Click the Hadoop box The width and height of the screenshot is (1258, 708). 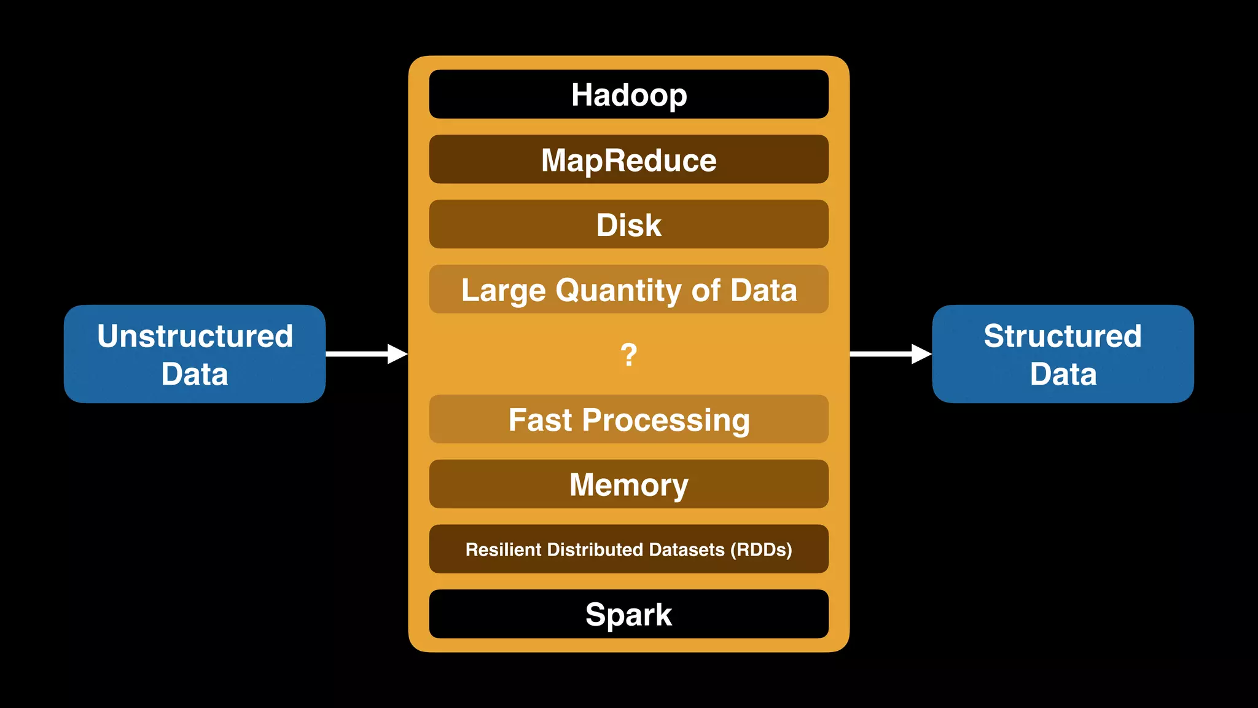click(x=628, y=94)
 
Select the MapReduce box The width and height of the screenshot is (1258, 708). click(x=628, y=159)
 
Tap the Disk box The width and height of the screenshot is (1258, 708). click(x=628, y=224)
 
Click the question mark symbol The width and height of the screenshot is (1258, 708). click(x=628, y=355)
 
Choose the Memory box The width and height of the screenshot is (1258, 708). click(x=628, y=484)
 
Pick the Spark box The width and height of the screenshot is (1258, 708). click(x=628, y=614)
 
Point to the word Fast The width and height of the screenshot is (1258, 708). click(x=540, y=420)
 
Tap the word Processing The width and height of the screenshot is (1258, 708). click(x=666, y=420)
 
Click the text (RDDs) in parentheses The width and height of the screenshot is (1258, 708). click(x=761, y=549)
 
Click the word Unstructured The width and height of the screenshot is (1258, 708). click(x=195, y=336)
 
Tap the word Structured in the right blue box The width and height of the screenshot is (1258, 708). click(x=1063, y=336)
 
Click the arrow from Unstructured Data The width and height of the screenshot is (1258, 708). click(x=367, y=354)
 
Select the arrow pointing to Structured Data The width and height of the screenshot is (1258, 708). click(x=891, y=354)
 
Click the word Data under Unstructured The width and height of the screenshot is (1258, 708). click(x=195, y=374)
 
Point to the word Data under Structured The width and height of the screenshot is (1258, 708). click(x=1063, y=374)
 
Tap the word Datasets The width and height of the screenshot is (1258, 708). click(x=686, y=549)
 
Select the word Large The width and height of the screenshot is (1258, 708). click(x=503, y=290)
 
